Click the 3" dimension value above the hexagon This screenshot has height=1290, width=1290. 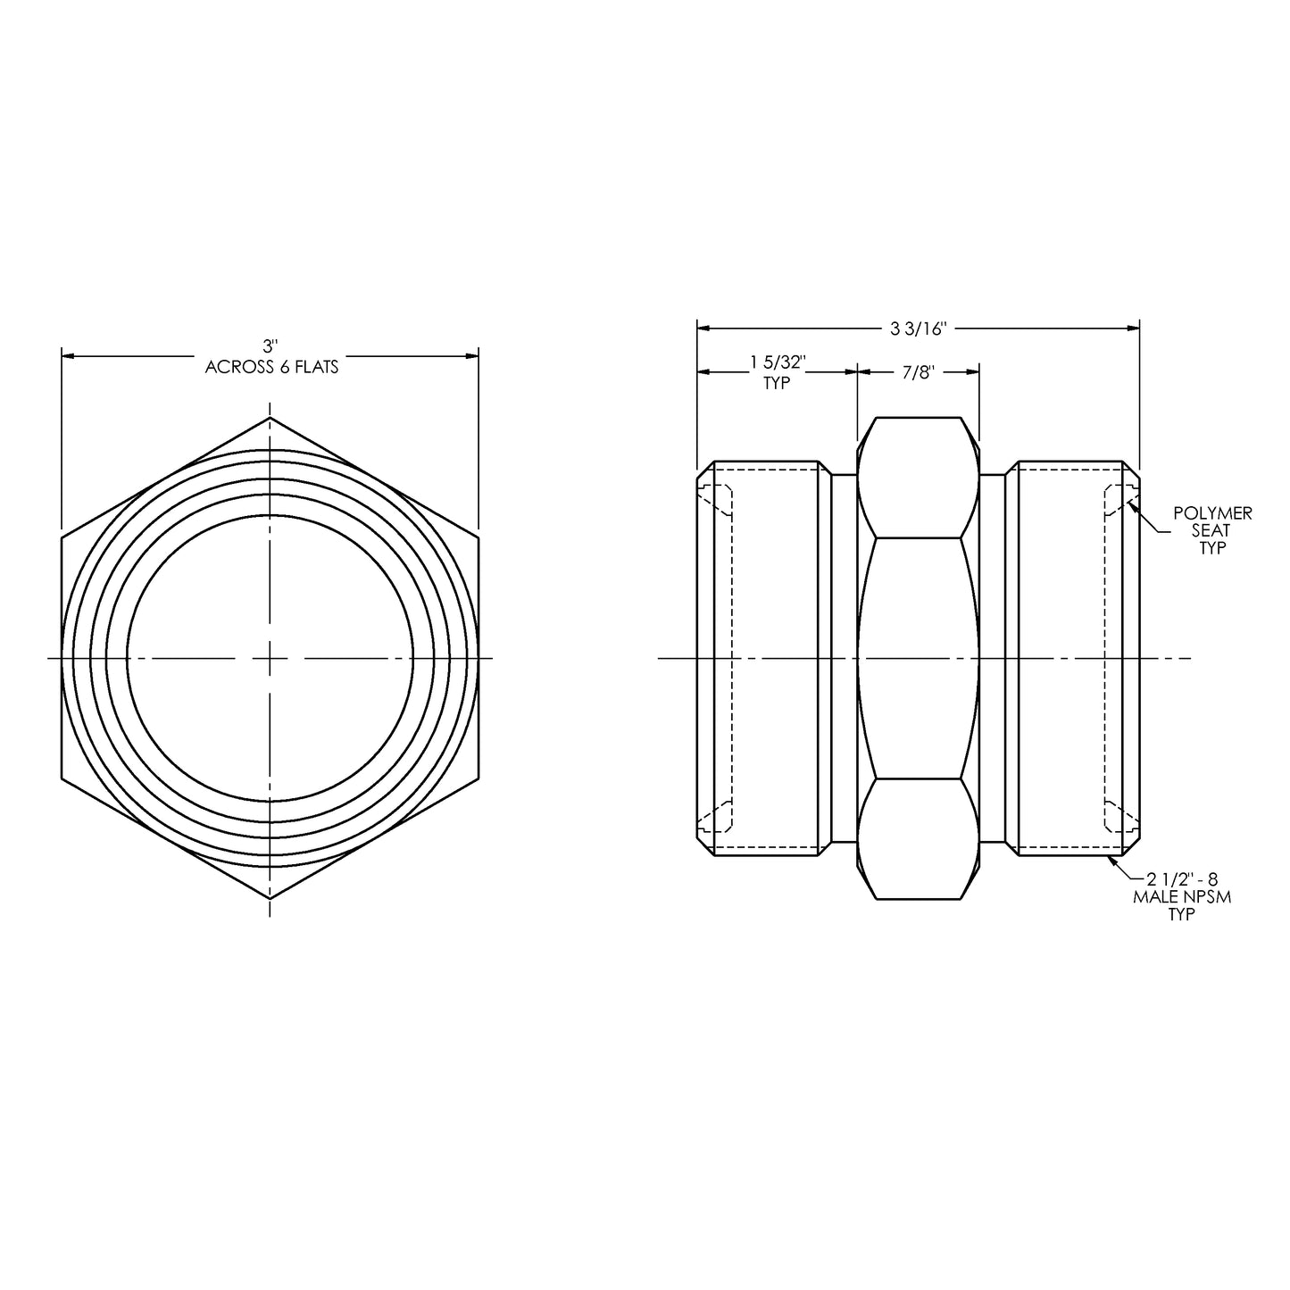(x=270, y=345)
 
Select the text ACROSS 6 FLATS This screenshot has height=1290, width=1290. (x=271, y=367)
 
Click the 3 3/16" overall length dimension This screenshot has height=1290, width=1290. (x=917, y=329)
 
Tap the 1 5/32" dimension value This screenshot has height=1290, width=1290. (x=778, y=362)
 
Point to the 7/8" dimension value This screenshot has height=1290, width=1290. (x=917, y=372)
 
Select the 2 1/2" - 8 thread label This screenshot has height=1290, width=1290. (x=1181, y=880)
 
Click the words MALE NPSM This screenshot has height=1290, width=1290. (x=1181, y=897)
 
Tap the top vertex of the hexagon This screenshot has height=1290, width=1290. (x=270, y=418)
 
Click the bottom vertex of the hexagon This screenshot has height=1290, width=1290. (x=270, y=898)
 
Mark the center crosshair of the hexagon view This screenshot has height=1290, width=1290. (x=270, y=658)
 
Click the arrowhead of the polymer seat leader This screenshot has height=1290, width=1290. (x=1131, y=506)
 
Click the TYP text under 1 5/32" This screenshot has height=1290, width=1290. (x=778, y=384)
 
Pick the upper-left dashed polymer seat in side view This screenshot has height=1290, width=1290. (x=716, y=500)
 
